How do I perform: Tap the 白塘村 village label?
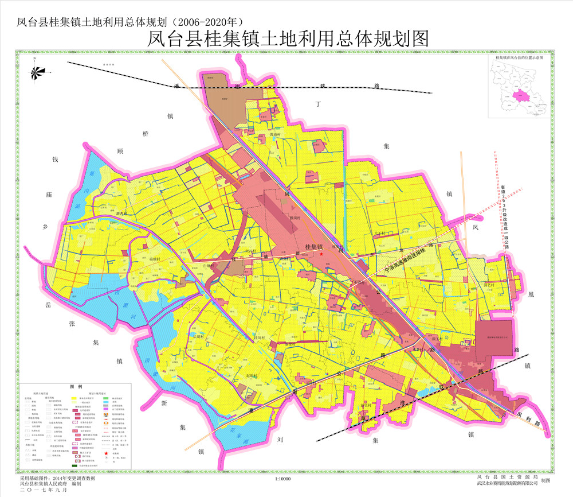click(x=210, y=266)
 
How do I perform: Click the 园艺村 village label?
click(x=489, y=285)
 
